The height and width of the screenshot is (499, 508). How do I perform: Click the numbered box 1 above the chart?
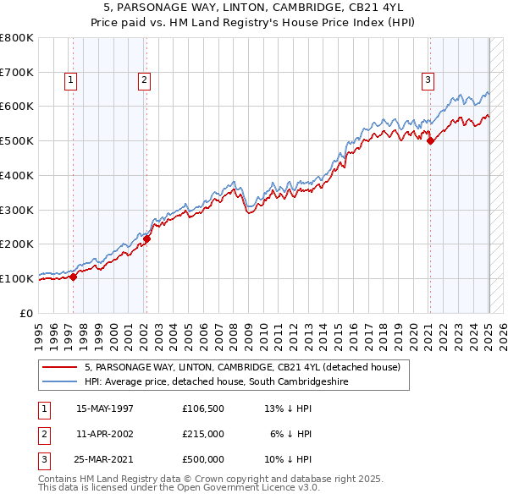tap(69, 80)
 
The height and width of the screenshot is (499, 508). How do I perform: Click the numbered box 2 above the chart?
tap(145, 80)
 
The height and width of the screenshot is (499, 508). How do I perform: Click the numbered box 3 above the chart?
tap(428, 80)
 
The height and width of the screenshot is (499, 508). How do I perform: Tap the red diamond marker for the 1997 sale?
tap(74, 276)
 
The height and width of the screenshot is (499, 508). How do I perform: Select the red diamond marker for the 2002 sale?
tap(146, 239)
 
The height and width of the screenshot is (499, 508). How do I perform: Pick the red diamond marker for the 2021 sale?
tap(430, 141)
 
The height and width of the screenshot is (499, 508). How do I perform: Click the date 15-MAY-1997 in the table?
tap(105, 409)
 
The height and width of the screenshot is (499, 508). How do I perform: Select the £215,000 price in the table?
tap(203, 434)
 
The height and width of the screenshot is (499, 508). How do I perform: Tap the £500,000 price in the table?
tap(203, 459)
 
